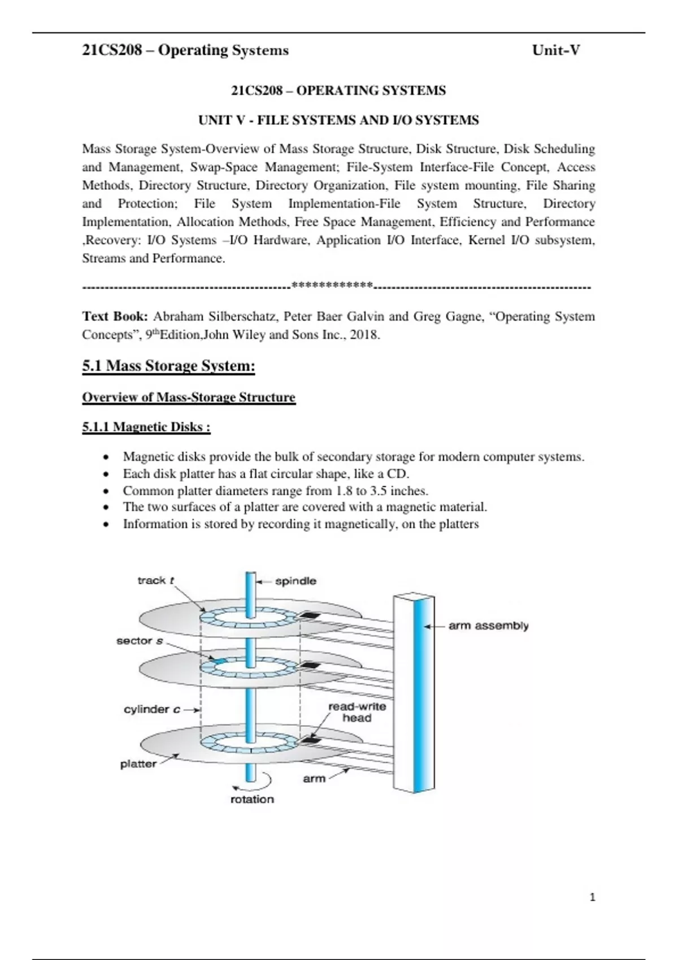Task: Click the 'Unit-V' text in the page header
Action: (556, 50)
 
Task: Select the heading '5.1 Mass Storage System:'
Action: (168, 365)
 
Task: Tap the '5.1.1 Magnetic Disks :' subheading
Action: (146, 427)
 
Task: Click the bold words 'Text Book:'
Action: (115, 316)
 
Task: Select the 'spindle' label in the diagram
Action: (295, 581)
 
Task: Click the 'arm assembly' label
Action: (489, 626)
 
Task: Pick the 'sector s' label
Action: (140, 641)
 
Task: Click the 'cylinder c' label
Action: (152, 709)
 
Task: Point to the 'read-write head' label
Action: (357, 712)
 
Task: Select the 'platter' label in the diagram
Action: (138, 764)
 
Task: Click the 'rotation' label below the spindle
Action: (252, 799)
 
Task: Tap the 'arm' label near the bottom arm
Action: (314, 779)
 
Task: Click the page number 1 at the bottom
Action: (593, 897)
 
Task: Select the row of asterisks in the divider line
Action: (332, 285)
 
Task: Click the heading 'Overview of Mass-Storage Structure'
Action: (189, 398)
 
